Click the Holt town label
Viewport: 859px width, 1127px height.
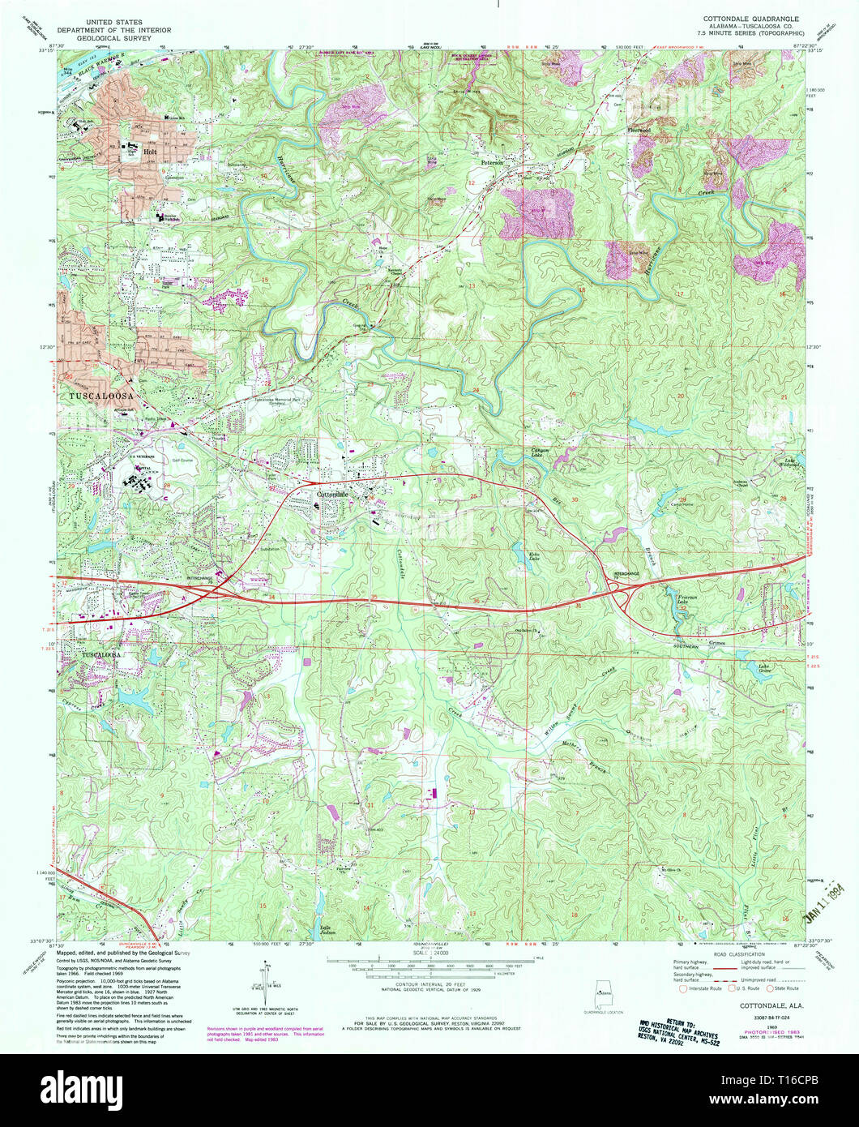pyautogui.click(x=149, y=151)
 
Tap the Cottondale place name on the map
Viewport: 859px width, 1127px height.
pyautogui.click(x=331, y=494)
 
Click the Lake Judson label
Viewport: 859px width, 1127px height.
pyautogui.click(x=327, y=929)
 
